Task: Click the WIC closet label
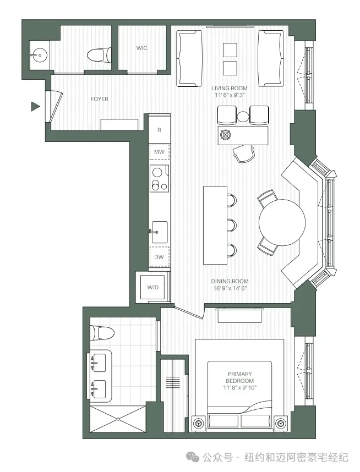click(142, 48)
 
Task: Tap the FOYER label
click(100, 99)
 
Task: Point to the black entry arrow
click(36, 106)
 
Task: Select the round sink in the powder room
click(39, 55)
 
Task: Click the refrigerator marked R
click(160, 130)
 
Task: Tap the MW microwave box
click(160, 152)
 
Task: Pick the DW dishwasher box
click(159, 257)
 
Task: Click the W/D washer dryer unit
click(152, 287)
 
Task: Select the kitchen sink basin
click(160, 232)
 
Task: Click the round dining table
click(282, 222)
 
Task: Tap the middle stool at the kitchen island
click(232, 226)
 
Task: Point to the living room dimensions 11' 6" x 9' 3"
click(230, 95)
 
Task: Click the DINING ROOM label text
click(230, 281)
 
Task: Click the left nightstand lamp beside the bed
click(199, 423)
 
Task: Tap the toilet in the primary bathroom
click(102, 333)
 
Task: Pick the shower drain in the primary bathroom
click(118, 419)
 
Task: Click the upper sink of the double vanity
click(99, 363)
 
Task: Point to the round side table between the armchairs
click(243, 116)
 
